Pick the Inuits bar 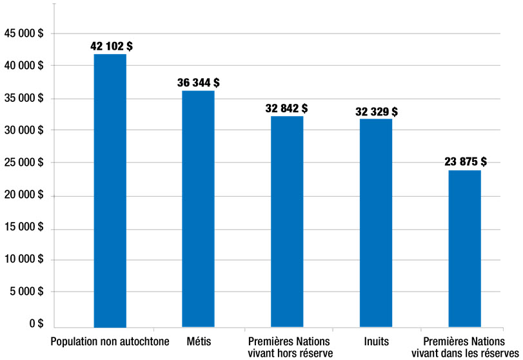click(x=376, y=223)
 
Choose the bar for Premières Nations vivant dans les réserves click(x=464, y=248)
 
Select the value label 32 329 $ click(x=376, y=112)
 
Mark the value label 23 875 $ click(x=465, y=161)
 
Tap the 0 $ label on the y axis click(x=34, y=325)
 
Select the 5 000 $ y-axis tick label click(x=26, y=292)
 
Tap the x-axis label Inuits click(x=377, y=341)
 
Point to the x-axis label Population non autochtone click(x=110, y=341)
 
